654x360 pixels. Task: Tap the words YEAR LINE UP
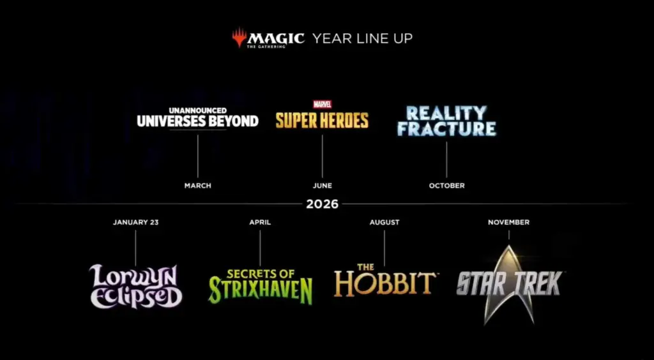click(363, 38)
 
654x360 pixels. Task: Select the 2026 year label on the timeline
click(322, 204)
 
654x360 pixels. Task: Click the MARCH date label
click(198, 185)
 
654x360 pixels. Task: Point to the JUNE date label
click(323, 185)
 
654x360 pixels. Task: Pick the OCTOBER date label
click(446, 185)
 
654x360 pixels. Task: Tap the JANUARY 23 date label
click(135, 222)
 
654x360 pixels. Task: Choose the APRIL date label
click(260, 222)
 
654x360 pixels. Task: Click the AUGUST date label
click(384, 222)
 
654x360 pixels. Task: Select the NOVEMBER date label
click(508, 222)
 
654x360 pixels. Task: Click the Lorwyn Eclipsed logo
click(135, 286)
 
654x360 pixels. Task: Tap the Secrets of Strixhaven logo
click(261, 286)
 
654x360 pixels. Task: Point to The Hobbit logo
click(385, 280)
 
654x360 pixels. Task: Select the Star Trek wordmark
click(509, 283)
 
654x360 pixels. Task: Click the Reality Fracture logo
click(446, 121)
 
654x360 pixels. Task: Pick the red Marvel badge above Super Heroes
click(323, 104)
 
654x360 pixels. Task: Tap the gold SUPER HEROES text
click(322, 120)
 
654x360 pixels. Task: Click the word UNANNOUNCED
click(198, 110)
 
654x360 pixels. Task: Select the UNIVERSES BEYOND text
click(198, 121)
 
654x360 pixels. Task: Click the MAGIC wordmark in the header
click(276, 39)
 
